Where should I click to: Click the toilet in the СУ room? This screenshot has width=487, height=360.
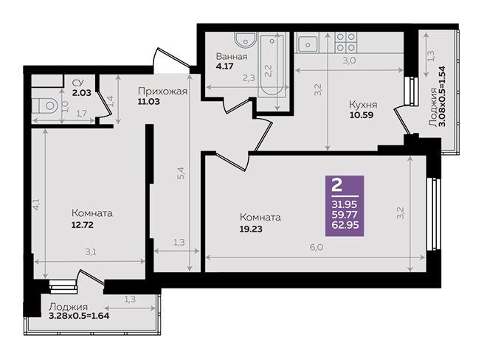pyautogui.click(x=45, y=105)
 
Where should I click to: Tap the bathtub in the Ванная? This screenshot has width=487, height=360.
pyautogui.click(x=272, y=66)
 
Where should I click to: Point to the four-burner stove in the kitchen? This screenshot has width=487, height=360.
pyautogui.click(x=346, y=42)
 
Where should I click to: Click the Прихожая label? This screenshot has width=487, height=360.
pyautogui.click(x=162, y=91)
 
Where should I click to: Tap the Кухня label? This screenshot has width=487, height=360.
pyautogui.click(x=363, y=104)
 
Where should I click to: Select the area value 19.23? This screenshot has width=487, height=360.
pyautogui.click(x=251, y=229)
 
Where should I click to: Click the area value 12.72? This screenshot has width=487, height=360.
pyautogui.click(x=83, y=224)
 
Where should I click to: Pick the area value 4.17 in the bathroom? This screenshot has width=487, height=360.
pyautogui.click(x=225, y=66)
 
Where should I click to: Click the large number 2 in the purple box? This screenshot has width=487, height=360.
pyautogui.click(x=337, y=185)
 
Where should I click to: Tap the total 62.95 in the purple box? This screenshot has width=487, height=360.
pyautogui.click(x=345, y=225)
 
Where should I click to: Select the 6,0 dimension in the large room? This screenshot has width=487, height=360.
pyautogui.click(x=316, y=248)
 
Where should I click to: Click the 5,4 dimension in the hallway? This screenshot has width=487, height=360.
pyautogui.click(x=181, y=173)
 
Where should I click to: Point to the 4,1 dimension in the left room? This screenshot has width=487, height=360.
pyautogui.click(x=36, y=204)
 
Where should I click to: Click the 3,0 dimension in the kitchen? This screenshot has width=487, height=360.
pyautogui.click(x=350, y=60)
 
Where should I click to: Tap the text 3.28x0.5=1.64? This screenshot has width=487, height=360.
pyautogui.click(x=79, y=316)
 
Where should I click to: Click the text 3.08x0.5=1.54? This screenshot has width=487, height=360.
pyautogui.click(x=442, y=97)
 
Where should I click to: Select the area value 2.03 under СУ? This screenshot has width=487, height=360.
pyautogui.click(x=82, y=92)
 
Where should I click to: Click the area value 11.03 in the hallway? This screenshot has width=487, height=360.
pyautogui.click(x=149, y=101)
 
